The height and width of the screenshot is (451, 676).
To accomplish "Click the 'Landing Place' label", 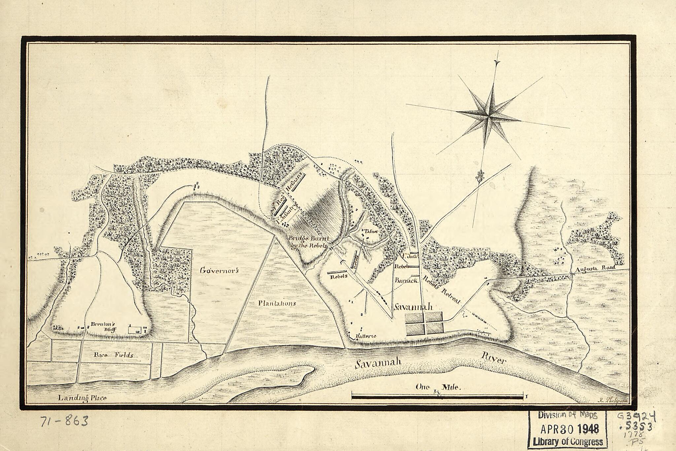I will pos(82,398).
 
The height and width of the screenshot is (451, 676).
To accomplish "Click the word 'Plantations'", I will pos(277,303).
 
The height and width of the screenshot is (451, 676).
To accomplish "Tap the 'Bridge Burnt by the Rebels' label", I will pos(308,242).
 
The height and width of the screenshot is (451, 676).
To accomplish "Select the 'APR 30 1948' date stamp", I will pos(569,429).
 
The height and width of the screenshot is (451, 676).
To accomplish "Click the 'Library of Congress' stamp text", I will pos(568,442).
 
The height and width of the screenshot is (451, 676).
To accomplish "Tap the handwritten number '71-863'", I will pos(64,421).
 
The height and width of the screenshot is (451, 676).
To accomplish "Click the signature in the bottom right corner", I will pos(613,401).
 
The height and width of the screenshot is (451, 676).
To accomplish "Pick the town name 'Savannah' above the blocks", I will pos(413,307).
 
